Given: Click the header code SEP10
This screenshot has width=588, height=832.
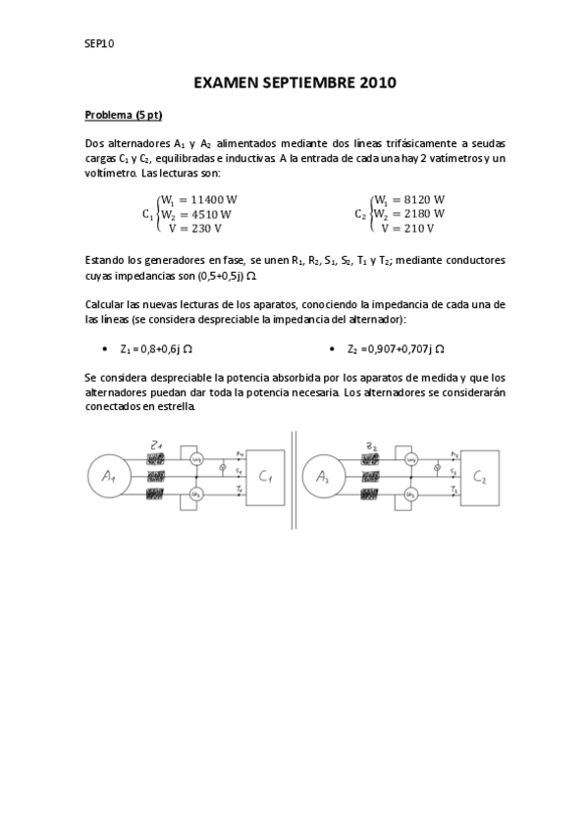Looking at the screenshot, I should point(100,43).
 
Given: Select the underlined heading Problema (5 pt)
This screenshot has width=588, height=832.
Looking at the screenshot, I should point(123,115).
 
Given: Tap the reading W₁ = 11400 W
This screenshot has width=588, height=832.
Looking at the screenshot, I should point(199,199).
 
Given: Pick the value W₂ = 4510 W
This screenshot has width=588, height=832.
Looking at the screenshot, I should point(196,214).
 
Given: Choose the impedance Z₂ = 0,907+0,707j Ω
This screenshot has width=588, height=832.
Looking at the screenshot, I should point(391,348).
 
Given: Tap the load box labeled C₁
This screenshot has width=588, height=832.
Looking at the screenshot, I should point(264,477).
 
